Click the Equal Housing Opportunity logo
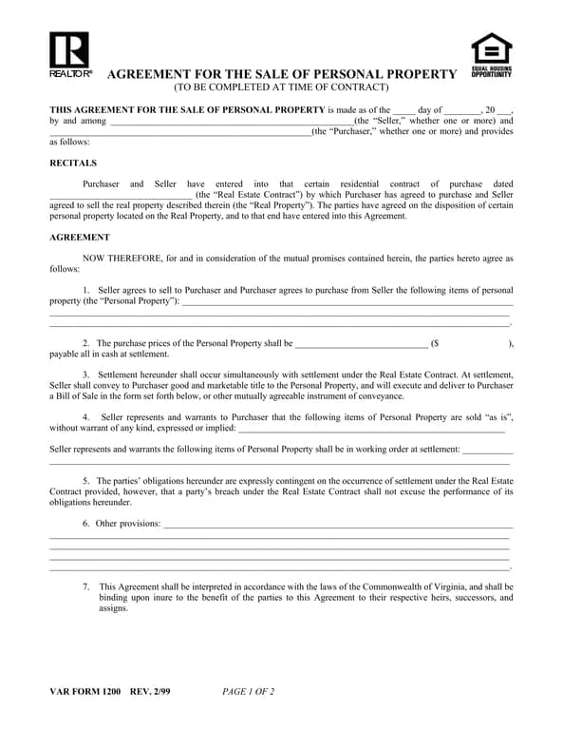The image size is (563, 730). (491, 54)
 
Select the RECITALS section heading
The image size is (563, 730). (73, 163)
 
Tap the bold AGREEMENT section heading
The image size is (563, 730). (80, 237)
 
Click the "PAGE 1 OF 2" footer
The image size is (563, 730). (248, 691)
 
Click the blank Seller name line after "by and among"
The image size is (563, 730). (232, 122)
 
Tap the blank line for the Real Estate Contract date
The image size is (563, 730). (120, 195)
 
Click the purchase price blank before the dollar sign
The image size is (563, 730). (362, 343)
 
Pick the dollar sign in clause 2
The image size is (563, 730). (436, 343)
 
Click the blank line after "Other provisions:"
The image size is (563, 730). (337, 524)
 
